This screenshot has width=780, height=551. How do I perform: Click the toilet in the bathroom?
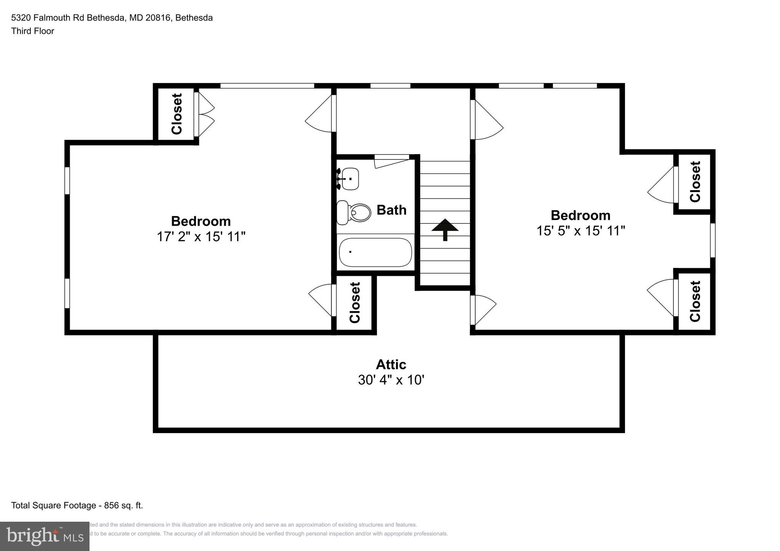tap(354, 213)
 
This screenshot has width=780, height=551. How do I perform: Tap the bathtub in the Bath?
tap(375, 252)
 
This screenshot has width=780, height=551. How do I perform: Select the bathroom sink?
tap(348, 178)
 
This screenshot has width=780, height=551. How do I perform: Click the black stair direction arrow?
tap(445, 229)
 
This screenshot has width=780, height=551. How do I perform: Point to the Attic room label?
tap(391, 365)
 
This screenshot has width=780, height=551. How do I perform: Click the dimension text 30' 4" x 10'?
tap(391, 380)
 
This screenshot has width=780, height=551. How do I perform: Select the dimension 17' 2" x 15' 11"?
tap(201, 237)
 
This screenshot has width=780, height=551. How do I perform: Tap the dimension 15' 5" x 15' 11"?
tap(580, 231)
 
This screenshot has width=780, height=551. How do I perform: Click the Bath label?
tap(391, 210)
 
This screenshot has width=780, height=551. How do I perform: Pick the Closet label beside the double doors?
tap(177, 114)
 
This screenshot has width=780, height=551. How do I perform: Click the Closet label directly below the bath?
tap(355, 303)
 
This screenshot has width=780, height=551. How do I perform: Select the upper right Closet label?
tap(695, 182)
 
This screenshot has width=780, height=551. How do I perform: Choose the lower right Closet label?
tap(695, 301)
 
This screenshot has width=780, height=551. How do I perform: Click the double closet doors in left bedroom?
tap(205, 114)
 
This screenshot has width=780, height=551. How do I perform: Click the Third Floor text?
tap(33, 31)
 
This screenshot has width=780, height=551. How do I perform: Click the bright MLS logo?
tap(45, 536)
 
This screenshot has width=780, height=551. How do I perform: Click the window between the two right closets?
tap(713, 240)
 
